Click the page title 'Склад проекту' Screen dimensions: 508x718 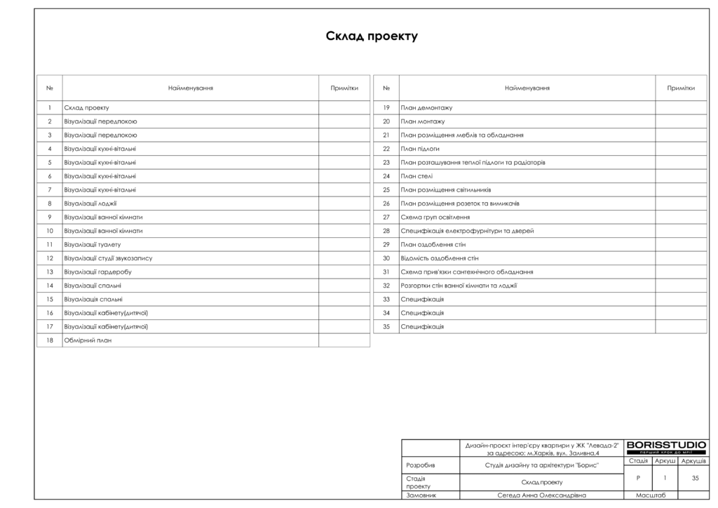click(372, 36)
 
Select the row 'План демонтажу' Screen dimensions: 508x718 click(426, 108)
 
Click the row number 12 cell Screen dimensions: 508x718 click(50, 258)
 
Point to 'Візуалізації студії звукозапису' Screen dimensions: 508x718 click(108, 258)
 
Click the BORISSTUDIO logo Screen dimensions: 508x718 click(666, 447)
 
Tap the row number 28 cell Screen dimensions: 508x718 click(386, 231)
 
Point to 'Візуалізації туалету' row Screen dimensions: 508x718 click(93, 245)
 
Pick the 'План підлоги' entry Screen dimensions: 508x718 click(420, 149)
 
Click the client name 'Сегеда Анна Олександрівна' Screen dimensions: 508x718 click(541, 495)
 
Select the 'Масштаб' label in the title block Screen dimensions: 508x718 click(650, 495)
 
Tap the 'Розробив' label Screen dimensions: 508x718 click(421, 465)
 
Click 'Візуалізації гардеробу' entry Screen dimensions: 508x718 click(98, 272)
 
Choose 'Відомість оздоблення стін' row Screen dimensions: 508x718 click(440, 258)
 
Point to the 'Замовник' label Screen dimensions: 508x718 click(421, 495)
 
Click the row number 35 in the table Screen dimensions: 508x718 click(386, 327)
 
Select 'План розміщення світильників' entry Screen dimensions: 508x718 click(446, 190)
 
